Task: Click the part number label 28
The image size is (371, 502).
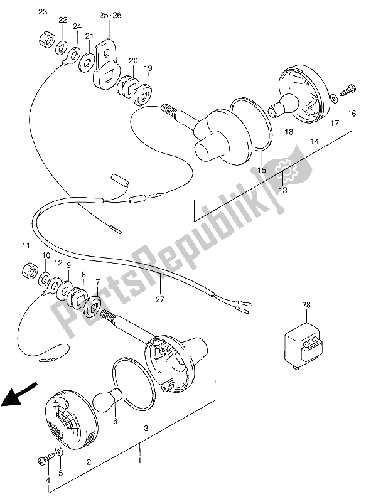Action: [306, 305]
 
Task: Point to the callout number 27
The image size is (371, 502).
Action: [159, 300]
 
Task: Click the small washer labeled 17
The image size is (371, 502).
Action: [333, 99]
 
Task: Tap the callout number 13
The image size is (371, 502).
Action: [283, 191]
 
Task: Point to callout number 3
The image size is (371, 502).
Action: [146, 429]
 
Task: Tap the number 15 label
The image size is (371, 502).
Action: [262, 170]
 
